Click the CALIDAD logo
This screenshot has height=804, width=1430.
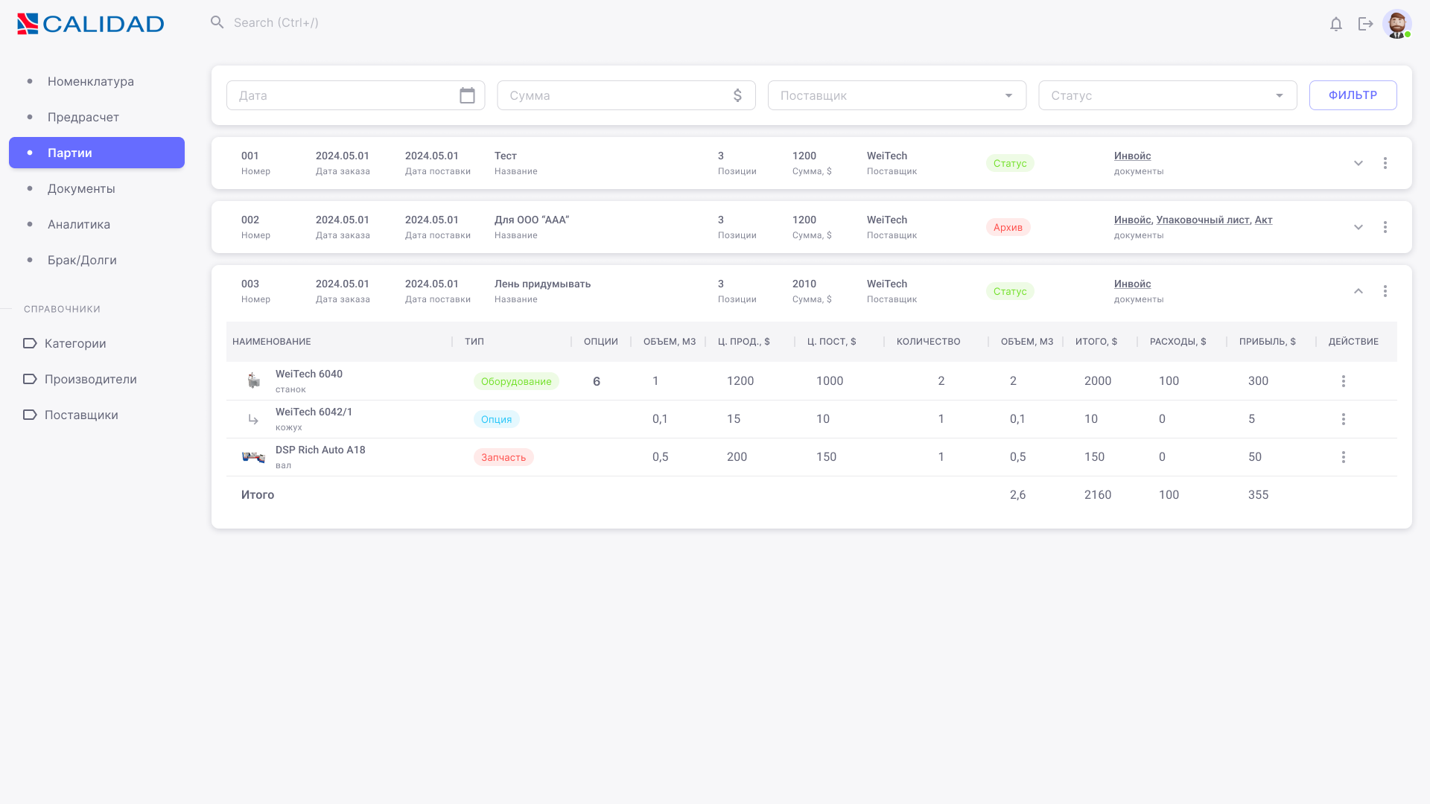90,24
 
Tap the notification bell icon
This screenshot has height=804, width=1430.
1336,24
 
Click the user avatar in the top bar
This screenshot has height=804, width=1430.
1397,24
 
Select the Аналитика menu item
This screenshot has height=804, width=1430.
79,224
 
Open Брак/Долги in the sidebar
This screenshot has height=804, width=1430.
82,260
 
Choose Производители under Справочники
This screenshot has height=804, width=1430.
91,379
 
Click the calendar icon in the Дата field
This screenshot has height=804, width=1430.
467,95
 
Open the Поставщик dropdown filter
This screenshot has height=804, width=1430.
897,95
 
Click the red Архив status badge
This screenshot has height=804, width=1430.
1008,227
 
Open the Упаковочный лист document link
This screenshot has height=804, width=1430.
1203,220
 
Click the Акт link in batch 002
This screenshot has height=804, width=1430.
1264,220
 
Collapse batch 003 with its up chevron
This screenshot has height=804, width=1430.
1358,291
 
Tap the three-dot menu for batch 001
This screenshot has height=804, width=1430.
1385,163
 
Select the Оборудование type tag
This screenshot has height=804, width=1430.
516,381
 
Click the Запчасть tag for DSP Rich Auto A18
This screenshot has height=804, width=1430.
503,457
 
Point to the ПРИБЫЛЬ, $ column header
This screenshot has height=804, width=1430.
1268,342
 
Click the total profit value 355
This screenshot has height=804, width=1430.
1258,495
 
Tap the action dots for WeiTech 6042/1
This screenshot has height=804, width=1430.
1344,419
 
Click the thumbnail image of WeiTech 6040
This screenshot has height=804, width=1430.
254,380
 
